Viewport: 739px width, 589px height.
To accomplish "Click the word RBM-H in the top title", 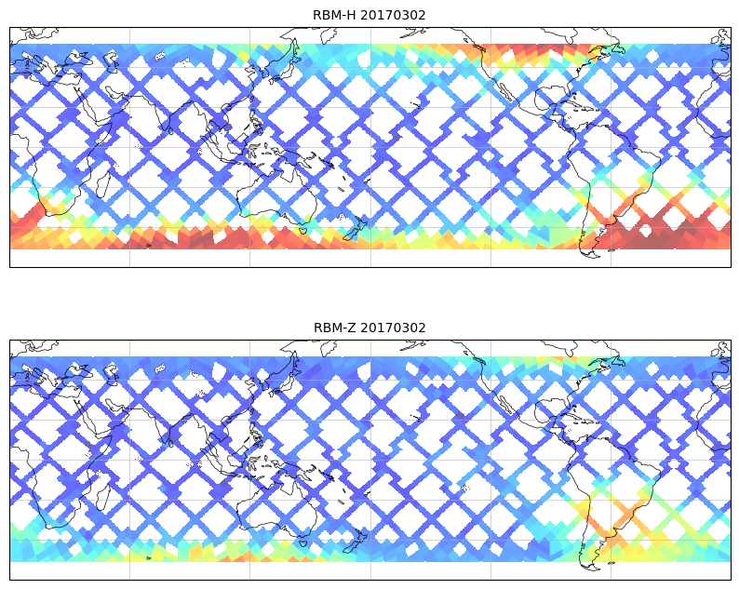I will (334, 15).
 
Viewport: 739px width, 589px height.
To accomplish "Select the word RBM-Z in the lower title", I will (334, 328).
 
